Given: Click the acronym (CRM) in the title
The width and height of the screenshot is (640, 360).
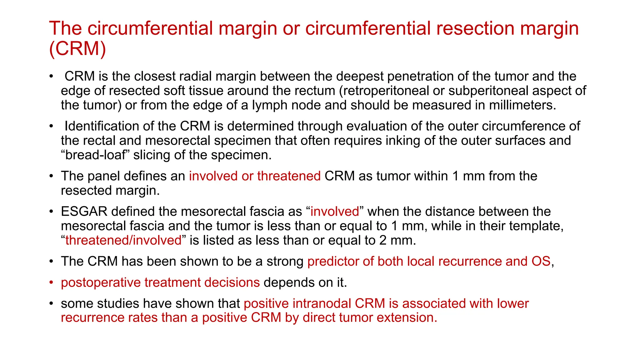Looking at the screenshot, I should click(77, 49).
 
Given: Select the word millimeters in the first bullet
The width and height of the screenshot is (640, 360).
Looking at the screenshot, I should click(521, 105).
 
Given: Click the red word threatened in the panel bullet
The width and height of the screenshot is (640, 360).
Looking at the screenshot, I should click(289, 176).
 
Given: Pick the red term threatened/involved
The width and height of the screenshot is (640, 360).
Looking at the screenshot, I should click(123, 240).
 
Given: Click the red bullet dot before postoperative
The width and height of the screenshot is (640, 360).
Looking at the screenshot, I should click(51, 282).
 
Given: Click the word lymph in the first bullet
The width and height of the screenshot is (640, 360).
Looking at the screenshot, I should click(269, 105).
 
